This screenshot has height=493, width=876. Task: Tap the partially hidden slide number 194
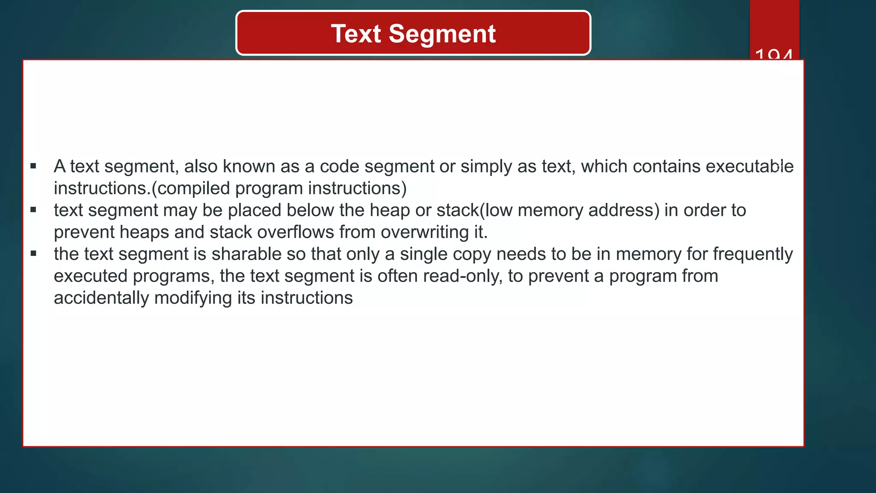(x=774, y=54)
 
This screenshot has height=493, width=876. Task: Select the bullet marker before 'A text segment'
(x=33, y=166)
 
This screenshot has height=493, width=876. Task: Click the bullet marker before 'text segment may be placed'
(x=33, y=210)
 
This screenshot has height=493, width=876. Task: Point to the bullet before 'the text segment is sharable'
(x=33, y=254)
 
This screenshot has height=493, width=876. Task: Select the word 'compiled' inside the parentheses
(x=191, y=188)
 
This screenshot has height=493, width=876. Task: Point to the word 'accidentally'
(x=101, y=298)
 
